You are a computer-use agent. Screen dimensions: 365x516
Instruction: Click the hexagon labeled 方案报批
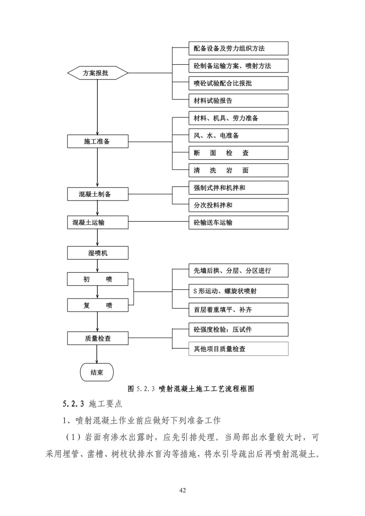tap(98, 73)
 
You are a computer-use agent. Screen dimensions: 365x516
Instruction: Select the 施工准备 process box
tap(98, 141)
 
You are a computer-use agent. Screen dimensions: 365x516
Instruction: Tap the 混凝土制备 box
tap(98, 194)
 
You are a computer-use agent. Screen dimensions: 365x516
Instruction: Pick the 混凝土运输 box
tap(98, 222)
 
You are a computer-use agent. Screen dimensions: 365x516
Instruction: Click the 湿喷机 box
tap(98, 253)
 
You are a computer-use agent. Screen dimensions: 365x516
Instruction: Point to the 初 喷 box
tap(98, 279)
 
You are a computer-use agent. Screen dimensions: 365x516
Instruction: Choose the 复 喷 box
tap(98, 305)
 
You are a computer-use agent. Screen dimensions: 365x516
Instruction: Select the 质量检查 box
tap(98, 338)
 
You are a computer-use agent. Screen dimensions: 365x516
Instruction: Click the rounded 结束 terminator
tap(97, 372)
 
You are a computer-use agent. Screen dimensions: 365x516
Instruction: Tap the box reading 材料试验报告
tap(238, 101)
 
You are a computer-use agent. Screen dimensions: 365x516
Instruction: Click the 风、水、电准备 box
tap(238, 135)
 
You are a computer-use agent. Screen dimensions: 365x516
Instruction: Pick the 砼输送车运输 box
tap(238, 222)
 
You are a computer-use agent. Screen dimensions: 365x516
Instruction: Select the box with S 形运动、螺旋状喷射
tap(238, 291)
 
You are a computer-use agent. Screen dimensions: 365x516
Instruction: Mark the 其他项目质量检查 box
tap(238, 349)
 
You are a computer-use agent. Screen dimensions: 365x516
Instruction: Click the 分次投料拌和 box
tap(238, 205)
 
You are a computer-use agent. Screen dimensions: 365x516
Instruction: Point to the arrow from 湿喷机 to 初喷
tap(97, 266)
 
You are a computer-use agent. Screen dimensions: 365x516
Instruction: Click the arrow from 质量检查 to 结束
tap(97, 354)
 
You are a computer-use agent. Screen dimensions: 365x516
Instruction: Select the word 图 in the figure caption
tap(131, 389)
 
